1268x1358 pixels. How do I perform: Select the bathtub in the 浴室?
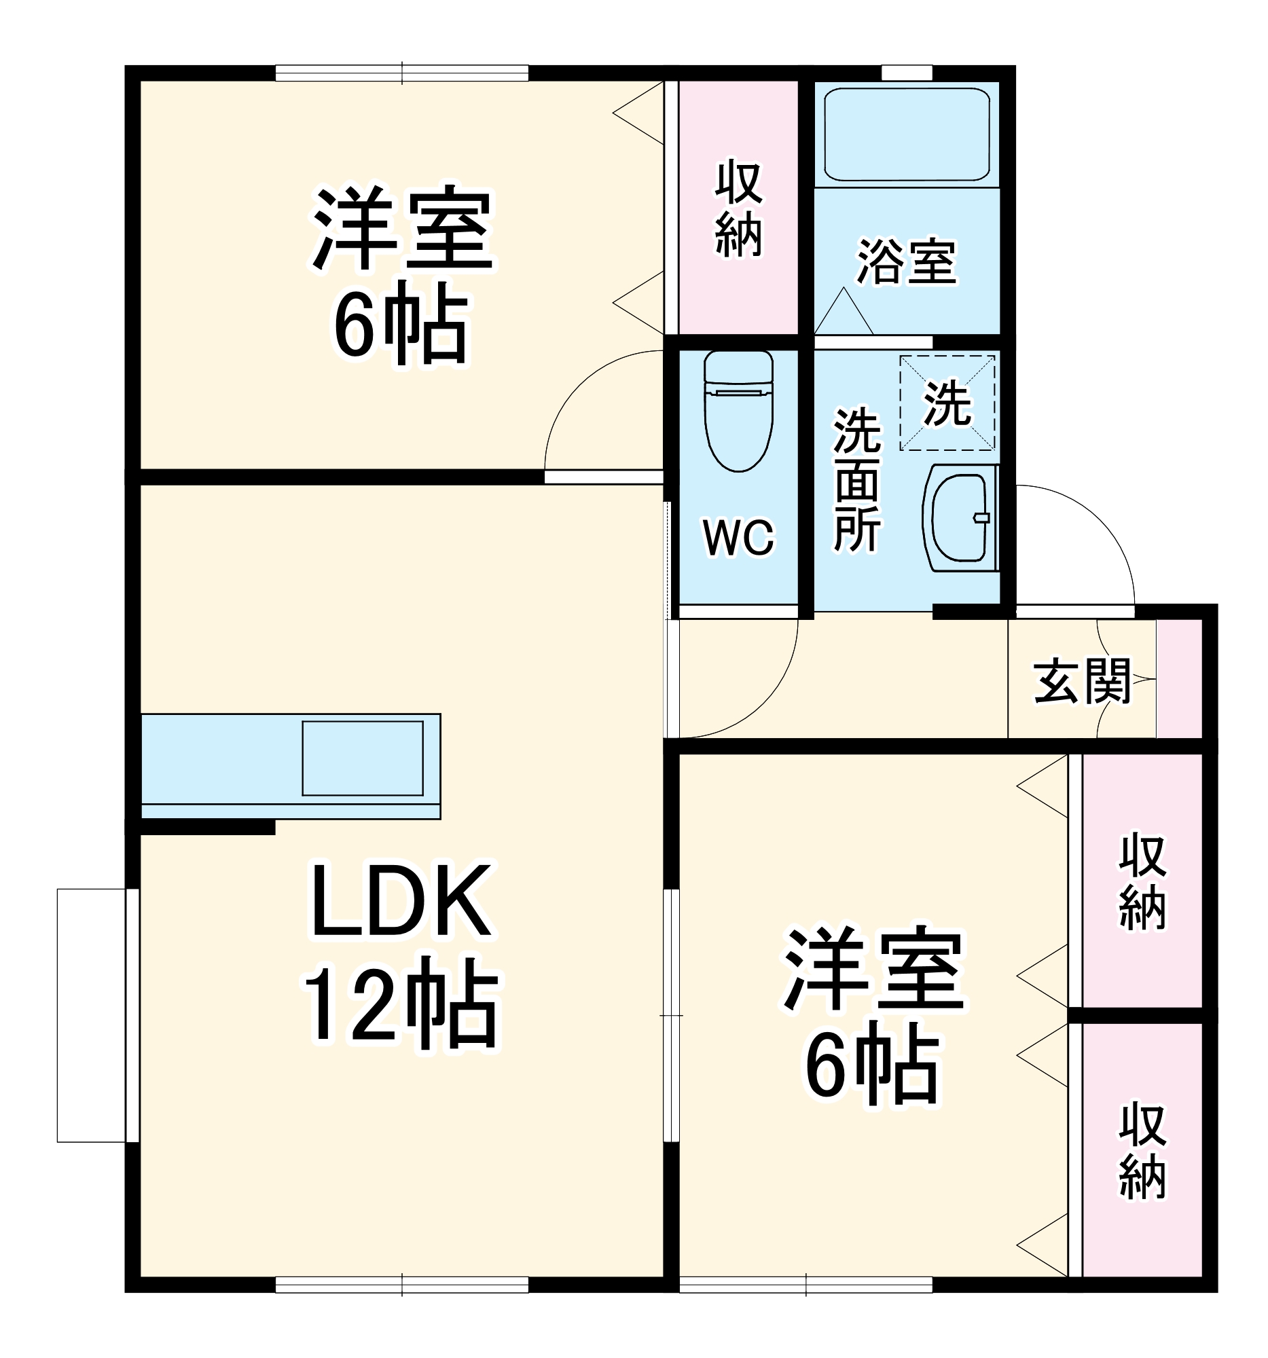(907, 134)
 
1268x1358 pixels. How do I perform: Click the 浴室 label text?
(907, 261)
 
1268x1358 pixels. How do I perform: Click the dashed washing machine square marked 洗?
(947, 403)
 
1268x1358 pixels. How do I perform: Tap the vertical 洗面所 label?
(856, 479)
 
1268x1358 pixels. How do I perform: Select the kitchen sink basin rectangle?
(362, 758)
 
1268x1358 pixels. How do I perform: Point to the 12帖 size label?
(401, 1009)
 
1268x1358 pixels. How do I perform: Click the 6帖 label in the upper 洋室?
(401, 327)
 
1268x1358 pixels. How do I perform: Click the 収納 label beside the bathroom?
(738, 209)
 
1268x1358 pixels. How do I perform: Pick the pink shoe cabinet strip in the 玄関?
(1178, 678)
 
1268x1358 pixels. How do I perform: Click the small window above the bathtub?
(907, 73)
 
